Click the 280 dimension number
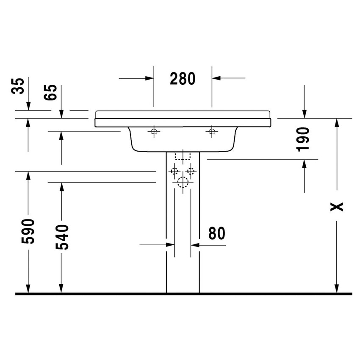pos(183,79)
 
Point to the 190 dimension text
pos(304,139)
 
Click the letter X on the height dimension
pos(337,207)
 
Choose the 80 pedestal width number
pos(216,233)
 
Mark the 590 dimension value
pos(28,231)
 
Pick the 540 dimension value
pos(61,237)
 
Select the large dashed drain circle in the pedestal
pos(183,183)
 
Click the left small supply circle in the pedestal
pos(174,171)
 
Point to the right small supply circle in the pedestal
pos(191,171)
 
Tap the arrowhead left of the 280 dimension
pos(149,78)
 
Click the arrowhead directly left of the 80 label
pos(195,244)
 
